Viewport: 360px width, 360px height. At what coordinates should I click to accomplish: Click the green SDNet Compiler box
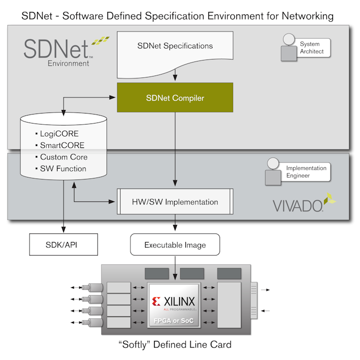[174, 98]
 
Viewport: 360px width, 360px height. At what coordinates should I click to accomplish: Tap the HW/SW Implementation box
[174, 202]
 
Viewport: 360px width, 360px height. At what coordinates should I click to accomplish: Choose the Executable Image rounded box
[174, 245]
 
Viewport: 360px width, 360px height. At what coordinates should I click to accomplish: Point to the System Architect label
[311, 48]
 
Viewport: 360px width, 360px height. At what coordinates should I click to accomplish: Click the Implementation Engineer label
[305, 171]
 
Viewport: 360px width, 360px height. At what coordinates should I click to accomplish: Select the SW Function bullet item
[62, 168]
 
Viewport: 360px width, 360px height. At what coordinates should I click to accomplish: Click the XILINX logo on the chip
[174, 301]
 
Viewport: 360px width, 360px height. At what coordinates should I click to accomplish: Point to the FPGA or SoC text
[174, 319]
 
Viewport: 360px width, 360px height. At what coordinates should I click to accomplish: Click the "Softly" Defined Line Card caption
[174, 344]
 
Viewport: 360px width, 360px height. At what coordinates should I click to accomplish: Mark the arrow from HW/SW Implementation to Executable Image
[174, 223]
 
